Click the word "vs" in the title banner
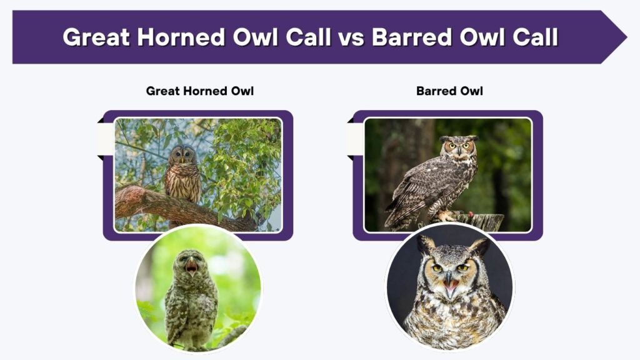tap(351, 37)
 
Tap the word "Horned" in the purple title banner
tap(181, 37)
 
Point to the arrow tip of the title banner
tap(626, 37)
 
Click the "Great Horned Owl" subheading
tap(199, 91)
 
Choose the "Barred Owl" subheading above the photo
tap(449, 91)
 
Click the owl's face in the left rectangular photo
tap(182, 154)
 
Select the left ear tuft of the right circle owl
tap(425, 246)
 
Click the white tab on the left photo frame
tap(105, 139)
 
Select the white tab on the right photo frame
tap(355, 139)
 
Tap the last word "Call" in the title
tap(535, 37)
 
